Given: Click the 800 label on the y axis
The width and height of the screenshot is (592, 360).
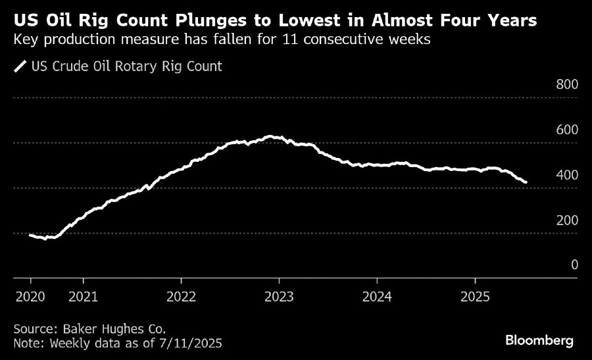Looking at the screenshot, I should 567,84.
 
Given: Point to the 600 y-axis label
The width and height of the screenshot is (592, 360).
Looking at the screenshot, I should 567,129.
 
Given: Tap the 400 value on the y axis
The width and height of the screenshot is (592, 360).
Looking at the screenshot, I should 567,174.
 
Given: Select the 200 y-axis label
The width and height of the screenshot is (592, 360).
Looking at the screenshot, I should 567,220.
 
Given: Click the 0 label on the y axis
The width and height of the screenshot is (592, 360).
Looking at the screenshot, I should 574,265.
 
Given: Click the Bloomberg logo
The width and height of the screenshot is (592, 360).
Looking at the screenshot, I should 539,341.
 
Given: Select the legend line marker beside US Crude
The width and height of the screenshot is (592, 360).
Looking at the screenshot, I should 20,66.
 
